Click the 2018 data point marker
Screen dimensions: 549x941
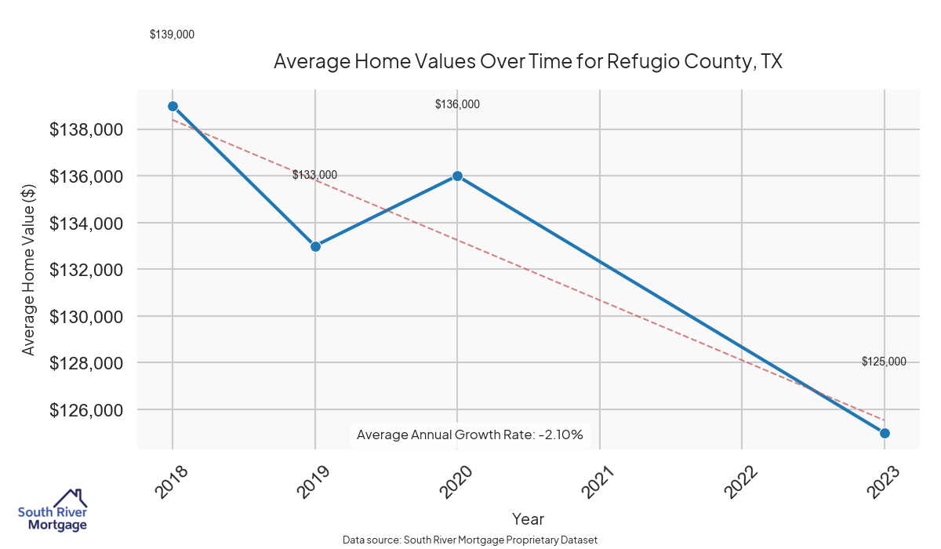[173, 106]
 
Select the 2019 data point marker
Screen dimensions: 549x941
[315, 246]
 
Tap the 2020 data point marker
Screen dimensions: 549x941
[457, 176]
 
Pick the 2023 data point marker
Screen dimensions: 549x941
[885, 433]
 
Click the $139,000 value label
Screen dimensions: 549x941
[172, 35]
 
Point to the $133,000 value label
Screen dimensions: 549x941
[314, 175]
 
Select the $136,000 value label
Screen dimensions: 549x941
[457, 104]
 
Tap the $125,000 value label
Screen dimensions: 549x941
[884, 362]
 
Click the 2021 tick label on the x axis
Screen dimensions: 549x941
[597, 481]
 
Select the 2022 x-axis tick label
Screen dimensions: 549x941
[739, 481]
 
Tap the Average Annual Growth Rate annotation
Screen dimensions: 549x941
[470, 434]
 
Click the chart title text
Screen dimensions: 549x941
[528, 61]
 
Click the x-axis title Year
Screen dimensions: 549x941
[528, 518]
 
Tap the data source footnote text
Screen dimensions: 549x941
[470, 540]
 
